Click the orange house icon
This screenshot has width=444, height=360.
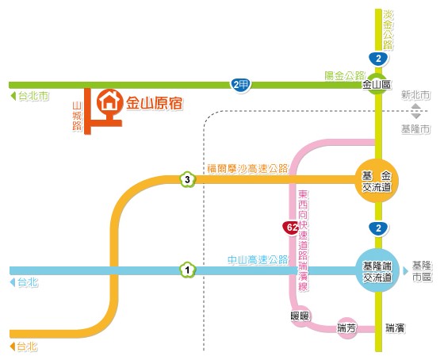(110, 101)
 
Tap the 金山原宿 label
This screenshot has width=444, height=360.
(155, 103)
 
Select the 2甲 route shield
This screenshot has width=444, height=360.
(240, 85)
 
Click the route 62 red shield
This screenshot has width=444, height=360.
(292, 228)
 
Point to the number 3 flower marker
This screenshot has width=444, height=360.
(187, 179)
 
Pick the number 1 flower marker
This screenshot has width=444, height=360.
(187, 270)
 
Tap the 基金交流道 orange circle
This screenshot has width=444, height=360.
(377, 181)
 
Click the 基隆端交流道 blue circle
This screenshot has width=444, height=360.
(377, 270)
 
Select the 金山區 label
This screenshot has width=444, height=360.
(377, 84)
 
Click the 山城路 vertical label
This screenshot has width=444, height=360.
(77, 116)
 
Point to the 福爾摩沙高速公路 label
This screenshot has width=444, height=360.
(247, 169)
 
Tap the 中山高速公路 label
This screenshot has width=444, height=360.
(258, 260)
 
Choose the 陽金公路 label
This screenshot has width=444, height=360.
(345, 75)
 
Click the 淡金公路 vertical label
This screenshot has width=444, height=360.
(388, 30)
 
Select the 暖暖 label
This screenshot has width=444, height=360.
(300, 316)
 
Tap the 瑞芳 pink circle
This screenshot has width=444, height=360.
(346, 328)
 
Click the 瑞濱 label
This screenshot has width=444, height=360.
(396, 328)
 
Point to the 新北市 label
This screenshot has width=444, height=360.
(415, 95)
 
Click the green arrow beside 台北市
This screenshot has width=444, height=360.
(13, 96)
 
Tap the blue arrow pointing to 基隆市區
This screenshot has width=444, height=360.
(406, 271)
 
